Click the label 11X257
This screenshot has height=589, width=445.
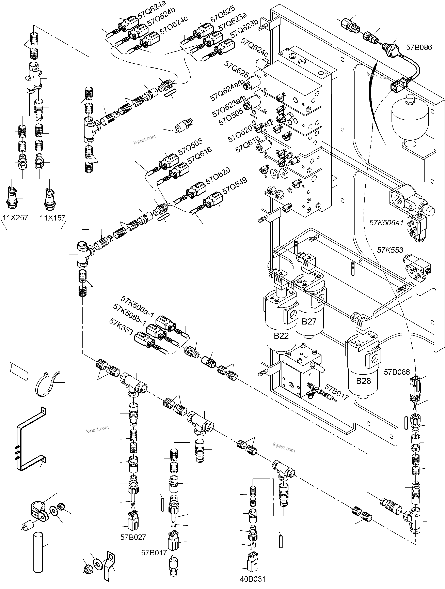(x=15, y=218)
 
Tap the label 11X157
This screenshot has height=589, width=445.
(x=52, y=218)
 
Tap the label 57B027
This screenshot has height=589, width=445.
(x=133, y=537)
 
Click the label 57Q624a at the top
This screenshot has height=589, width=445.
(x=152, y=11)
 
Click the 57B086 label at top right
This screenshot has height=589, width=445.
(x=419, y=47)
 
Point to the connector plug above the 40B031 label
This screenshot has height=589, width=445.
(x=252, y=562)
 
